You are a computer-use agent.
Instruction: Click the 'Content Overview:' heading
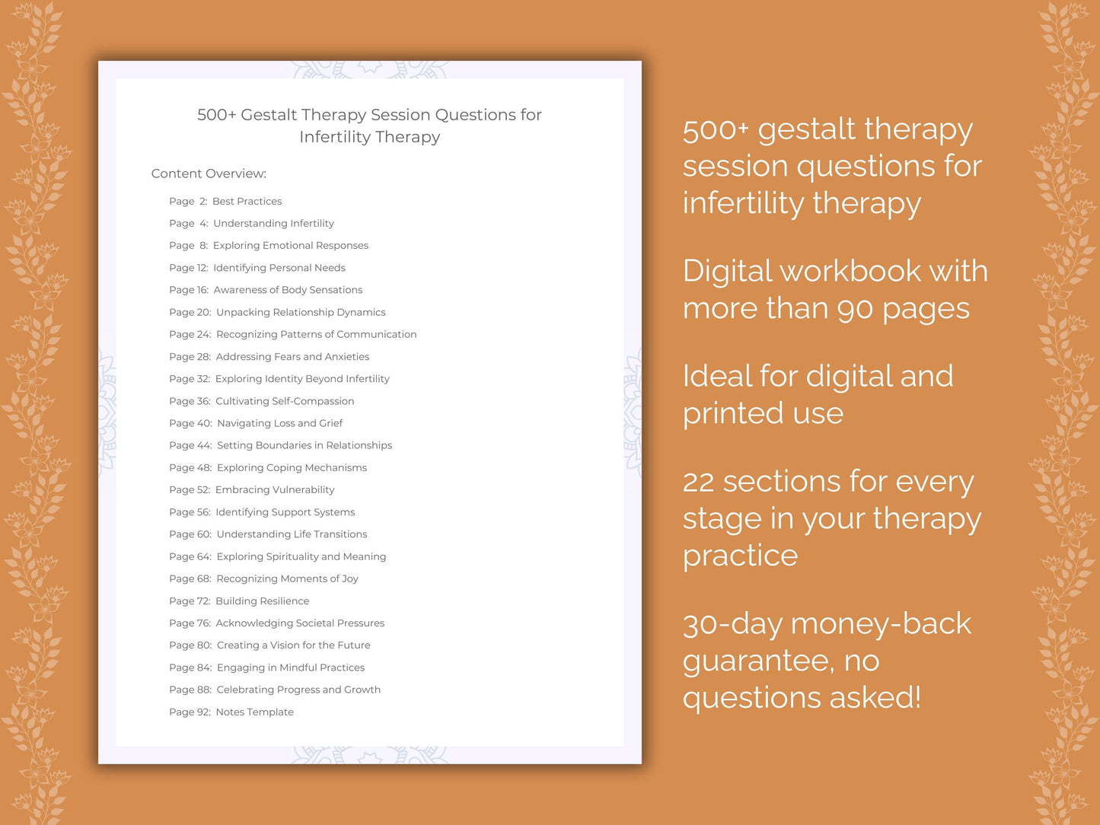(209, 174)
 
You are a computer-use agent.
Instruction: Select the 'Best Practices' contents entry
(247, 201)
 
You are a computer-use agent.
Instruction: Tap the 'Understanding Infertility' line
(273, 223)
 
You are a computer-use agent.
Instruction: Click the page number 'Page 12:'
(188, 268)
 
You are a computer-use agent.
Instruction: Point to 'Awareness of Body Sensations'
(288, 290)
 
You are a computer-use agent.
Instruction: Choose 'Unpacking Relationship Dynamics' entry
(301, 312)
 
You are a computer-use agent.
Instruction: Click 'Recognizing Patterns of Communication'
(316, 334)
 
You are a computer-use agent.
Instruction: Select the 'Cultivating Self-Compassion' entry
(285, 401)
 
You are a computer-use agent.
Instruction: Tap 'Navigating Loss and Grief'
(279, 423)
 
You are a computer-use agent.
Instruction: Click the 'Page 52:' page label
(190, 490)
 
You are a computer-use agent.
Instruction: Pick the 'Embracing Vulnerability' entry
(275, 490)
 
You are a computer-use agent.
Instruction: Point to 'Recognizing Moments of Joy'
(287, 578)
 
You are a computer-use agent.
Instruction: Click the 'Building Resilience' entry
(262, 601)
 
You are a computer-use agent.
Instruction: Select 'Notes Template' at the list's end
(254, 712)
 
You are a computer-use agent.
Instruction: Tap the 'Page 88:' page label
(190, 690)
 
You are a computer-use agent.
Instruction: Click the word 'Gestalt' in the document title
(269, 115)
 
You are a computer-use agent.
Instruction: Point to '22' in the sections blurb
(698, 482)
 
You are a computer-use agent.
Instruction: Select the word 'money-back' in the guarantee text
(881, 624)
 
